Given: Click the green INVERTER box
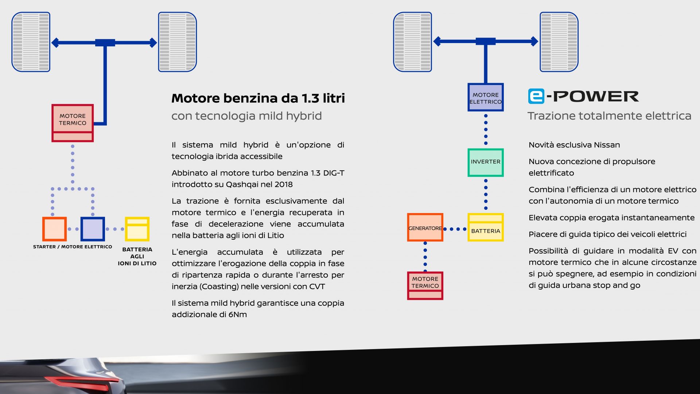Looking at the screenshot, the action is pyautogui.click(x=485, y=162).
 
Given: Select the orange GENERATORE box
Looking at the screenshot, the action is pyautogui.click(x=425, y=227).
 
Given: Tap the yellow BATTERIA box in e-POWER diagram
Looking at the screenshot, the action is pyautogui.click(x=485, y=227).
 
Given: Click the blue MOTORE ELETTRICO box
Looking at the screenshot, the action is pyautogui.click(x=485, y=97).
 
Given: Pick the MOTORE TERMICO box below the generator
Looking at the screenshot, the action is pyautogui.click(x=425, y=286).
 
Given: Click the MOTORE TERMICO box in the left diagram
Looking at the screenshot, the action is pyautogui.click(x=73, y=123).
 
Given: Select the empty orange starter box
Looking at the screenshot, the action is pyautogui.click(x=54, y=229).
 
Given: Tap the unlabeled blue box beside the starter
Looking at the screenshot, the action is pyautogui.click(x=93, y=229).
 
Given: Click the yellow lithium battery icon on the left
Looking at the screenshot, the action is pyautogui.click(x=137, y=229).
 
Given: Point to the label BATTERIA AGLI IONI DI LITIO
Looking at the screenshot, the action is pyautogui.click(x=137, y=256).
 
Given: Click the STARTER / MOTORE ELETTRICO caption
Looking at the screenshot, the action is pyautogui.click(x=73, y=247).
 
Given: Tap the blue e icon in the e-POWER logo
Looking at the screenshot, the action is pyautogui.click(x=536, y=96).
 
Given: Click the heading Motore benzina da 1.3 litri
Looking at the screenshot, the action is pyautogui.click(x=258, y=98).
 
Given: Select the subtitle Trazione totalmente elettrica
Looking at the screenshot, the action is pyautogui.click(x=609, y=116).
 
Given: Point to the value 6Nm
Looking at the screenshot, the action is pyautogui.click(x=237, y=314).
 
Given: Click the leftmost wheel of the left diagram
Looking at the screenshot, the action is pyautogui.click(x=31, y=42).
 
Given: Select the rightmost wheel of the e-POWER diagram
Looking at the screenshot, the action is pyautogui.click(x=559, y=42).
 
